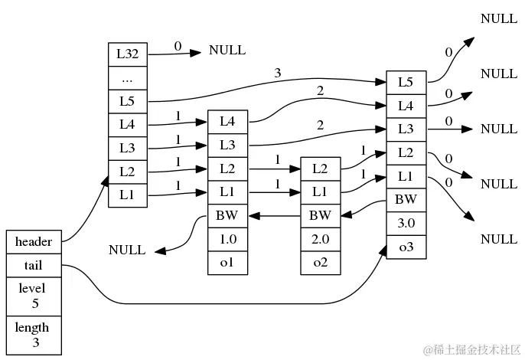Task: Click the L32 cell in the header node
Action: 127,54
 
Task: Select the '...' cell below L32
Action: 127,77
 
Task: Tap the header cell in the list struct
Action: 33,241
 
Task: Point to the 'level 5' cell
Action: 33,296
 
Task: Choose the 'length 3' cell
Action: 33,335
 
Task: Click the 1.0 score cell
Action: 227,240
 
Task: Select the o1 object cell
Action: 227,263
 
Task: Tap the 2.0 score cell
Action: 320,240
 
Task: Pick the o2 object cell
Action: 320,263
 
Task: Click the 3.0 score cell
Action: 406,223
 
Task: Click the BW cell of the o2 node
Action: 320,216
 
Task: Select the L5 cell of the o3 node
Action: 406,82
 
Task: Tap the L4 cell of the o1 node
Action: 227,121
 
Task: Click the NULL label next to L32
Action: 227,51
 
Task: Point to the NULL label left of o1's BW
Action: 127,250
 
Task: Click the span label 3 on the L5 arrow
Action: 279,74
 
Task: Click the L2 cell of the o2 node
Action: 320,169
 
